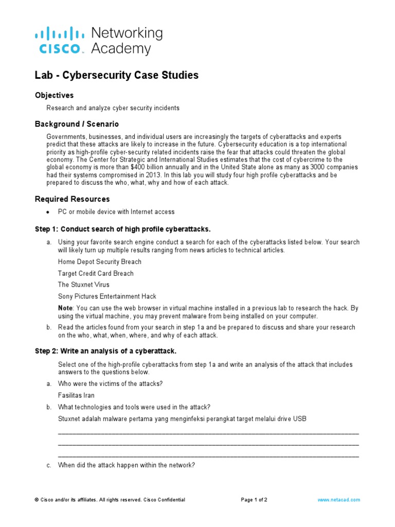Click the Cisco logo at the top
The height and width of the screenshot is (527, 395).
pyautogui.click(x=59, y=41)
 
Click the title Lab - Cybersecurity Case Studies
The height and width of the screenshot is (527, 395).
pyautogui.click(x=116, y=75)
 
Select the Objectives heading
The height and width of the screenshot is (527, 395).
pyautogui.click(x=54, y=95)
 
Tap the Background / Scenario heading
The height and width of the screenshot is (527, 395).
pyautogui.click(x=77, y=124)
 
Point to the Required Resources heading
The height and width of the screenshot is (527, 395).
pyautogui.click(x=72, y=199)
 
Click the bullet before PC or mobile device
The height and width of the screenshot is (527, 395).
pyautogui.click(x=48, y=212)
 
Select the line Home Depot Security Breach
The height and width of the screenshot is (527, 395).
pyautogui.click(x=99, y=262)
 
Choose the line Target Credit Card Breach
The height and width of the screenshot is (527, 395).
pyautogui.click(x=96, y=273)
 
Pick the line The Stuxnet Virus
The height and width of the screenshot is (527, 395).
pyautogui.click(x=83, y=285)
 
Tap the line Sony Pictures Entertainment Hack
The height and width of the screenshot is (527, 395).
pyautogui.click(x=107, y=296)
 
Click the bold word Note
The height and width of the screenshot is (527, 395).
pyautogui.click(x=65, y=308)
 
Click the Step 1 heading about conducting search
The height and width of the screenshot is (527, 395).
pyautogui.click(x=123, y=229)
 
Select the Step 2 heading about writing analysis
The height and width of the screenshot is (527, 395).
pyautogui.click(x=105, y=351)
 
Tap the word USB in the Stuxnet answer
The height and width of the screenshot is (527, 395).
pyautogui.click(x=299, y=419)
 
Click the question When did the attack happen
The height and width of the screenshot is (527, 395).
pyautogui.click(x=126, y=465)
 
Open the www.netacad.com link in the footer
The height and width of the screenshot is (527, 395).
pyautogui.click(x=338, y=500)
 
